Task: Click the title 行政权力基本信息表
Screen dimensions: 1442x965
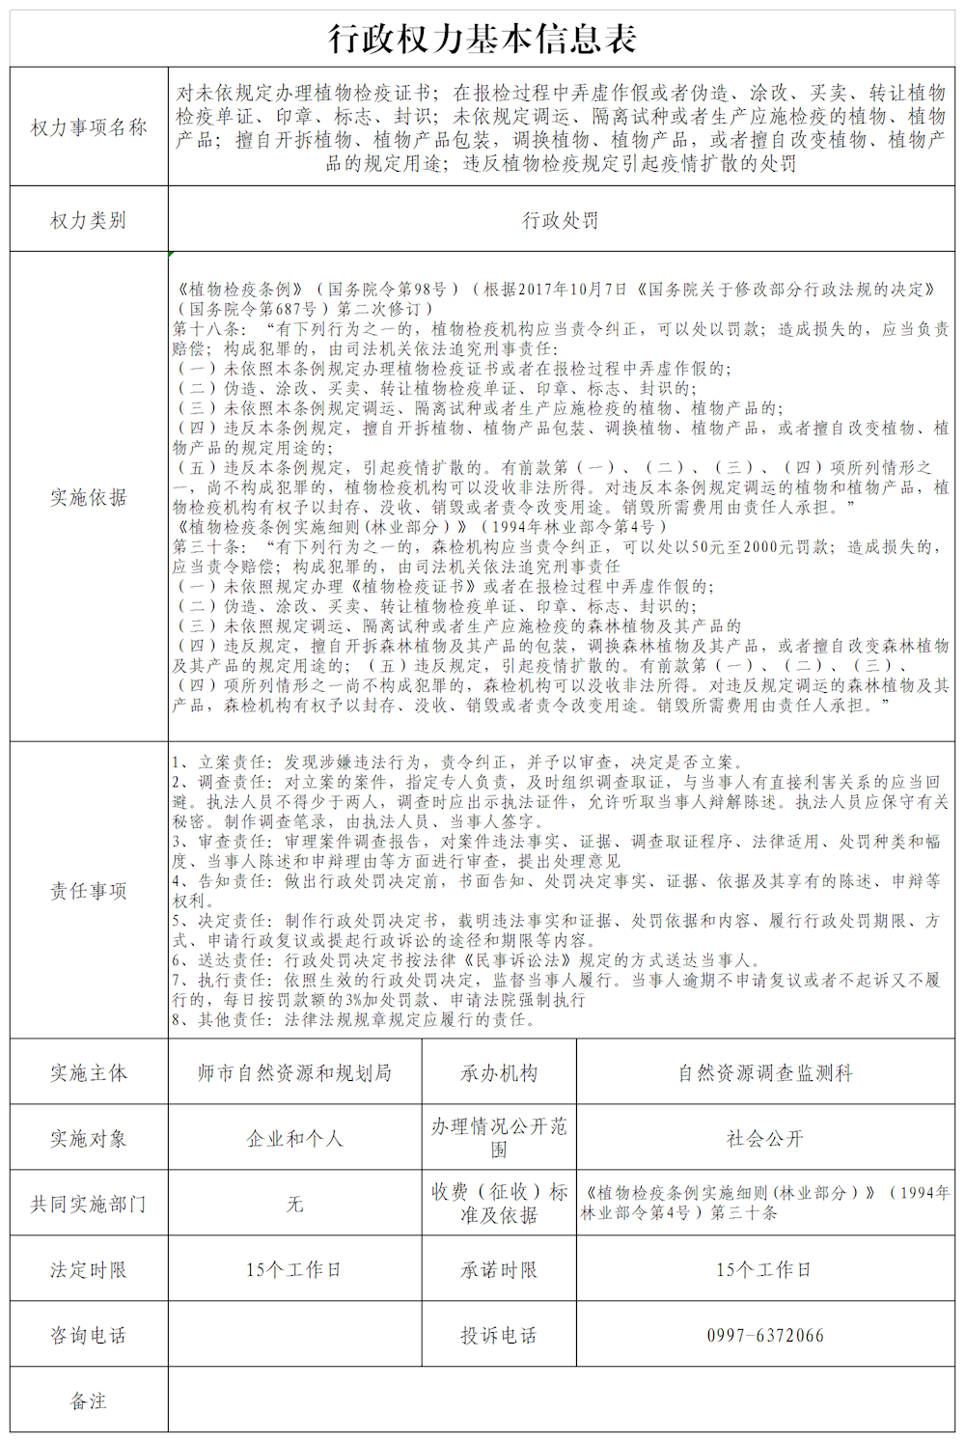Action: [482, 39]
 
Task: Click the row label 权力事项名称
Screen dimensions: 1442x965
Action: [89, 127]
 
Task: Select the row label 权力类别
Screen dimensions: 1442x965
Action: [89, 220]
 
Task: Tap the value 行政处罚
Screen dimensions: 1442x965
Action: [561, 220]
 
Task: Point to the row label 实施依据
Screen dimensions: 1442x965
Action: [89, 497]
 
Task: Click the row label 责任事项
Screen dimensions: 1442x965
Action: [89, 891]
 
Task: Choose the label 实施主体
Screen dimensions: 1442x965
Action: [89, 1072]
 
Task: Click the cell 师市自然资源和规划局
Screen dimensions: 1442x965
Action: [294, 1072]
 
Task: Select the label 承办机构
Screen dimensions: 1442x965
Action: [499, 1072]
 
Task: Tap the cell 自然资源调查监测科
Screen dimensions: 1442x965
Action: [765, 1072]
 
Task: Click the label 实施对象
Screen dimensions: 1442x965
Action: [89, 1138]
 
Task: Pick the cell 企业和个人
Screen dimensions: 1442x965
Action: [294, 1138]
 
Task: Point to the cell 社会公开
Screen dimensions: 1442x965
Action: [765, 1138]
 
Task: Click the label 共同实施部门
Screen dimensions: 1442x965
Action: [89, 1204]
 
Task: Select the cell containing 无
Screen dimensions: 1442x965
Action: [294, 1204]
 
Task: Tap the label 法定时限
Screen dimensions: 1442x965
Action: [89, 1269]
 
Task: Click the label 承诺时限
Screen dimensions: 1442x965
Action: [499, 1269]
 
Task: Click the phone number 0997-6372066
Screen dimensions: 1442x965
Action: [765, 1335]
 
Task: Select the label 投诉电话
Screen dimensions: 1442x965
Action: [499, 1335]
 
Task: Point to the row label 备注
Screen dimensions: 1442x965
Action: [89, 1400]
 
